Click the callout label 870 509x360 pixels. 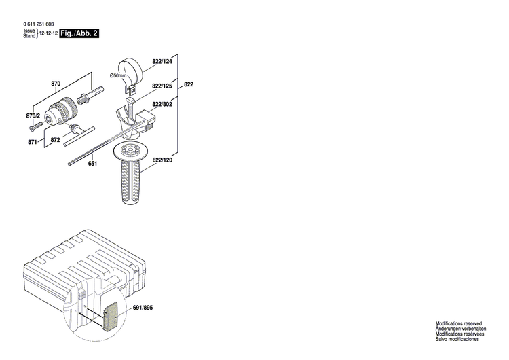[56, 84]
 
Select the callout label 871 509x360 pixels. [33, 143]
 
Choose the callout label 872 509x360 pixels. [56, 139]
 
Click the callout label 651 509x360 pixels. [92, 164]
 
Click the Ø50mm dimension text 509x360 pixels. [117, 75]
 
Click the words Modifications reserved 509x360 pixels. [459, 325]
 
